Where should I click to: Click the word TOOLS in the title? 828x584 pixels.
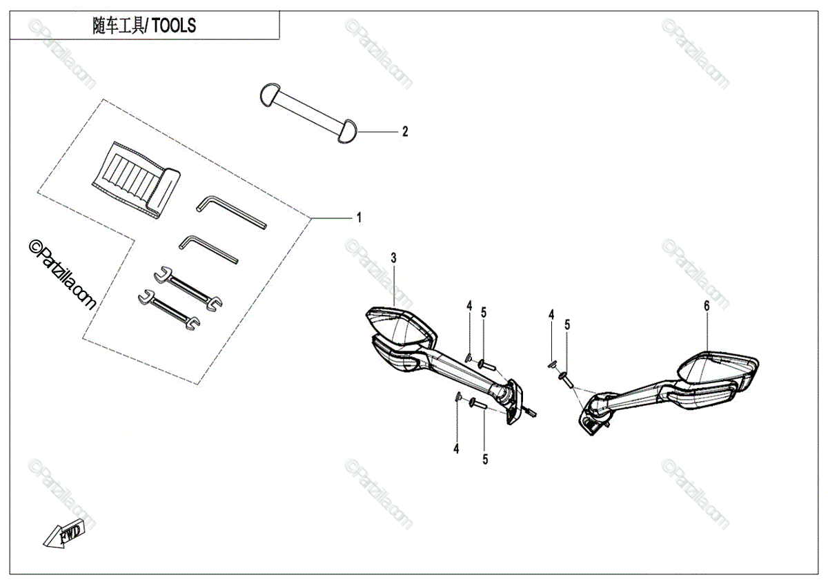pyautogui.click(x=174, y=26)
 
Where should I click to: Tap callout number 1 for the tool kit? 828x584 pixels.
pyautogui.click(x=359, y=217)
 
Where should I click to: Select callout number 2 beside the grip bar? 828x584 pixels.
pyautogui.click(x=405, y=131)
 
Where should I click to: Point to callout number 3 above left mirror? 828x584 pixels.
pyautogui.click(x=394, y=258)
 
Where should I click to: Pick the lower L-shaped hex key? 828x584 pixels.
pyautogui.click(x=209, y=249)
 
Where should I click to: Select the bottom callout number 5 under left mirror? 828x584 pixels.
pyautogui.click(x=485, y=458)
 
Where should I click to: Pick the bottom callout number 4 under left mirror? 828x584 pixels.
pyautogui.click(x=456, y=449)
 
